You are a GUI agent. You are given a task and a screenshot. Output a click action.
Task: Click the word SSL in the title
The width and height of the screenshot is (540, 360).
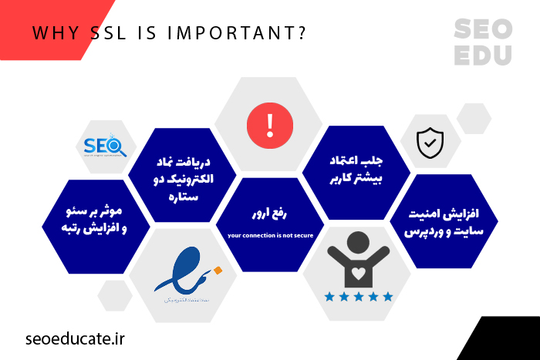(x=113, y=34)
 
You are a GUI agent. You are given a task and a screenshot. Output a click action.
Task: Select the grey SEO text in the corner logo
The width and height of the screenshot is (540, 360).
(x=482, y=30)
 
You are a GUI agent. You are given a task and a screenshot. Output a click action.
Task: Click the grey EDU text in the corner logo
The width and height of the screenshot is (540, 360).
(x=482, y=56)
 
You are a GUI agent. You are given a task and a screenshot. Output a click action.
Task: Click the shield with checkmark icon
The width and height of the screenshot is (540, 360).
(x=430, y=142)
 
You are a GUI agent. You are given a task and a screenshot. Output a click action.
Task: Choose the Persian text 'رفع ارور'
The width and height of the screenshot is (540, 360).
(x=269, y=210)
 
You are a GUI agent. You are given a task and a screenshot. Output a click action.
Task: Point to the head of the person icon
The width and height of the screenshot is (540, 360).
(x=359, y=241)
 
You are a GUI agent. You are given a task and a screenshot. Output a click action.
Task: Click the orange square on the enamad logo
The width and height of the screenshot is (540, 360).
(x=218, y=270)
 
